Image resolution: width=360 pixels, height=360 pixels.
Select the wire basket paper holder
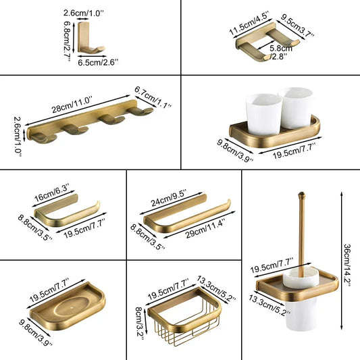point(186,320)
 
